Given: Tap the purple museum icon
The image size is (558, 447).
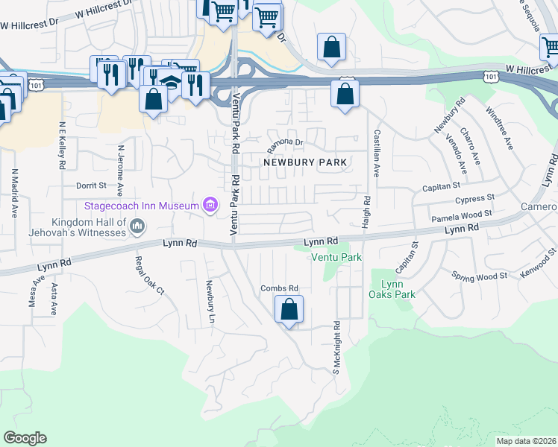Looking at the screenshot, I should [x=210, y=204].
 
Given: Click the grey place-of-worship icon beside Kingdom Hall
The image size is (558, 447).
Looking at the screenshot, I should [x=137, y=225].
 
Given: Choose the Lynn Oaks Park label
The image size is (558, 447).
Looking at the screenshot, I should [x=393, y=289].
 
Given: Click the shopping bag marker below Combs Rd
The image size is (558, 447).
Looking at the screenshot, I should [x=289, y=309].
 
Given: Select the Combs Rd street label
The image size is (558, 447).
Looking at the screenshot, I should [x=279, y=288].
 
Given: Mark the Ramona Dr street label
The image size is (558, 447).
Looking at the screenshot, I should [x=286, y=142].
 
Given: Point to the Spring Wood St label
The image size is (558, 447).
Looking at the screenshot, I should [x=480, y=276].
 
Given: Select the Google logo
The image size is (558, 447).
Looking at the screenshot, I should [x=25, y=438].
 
